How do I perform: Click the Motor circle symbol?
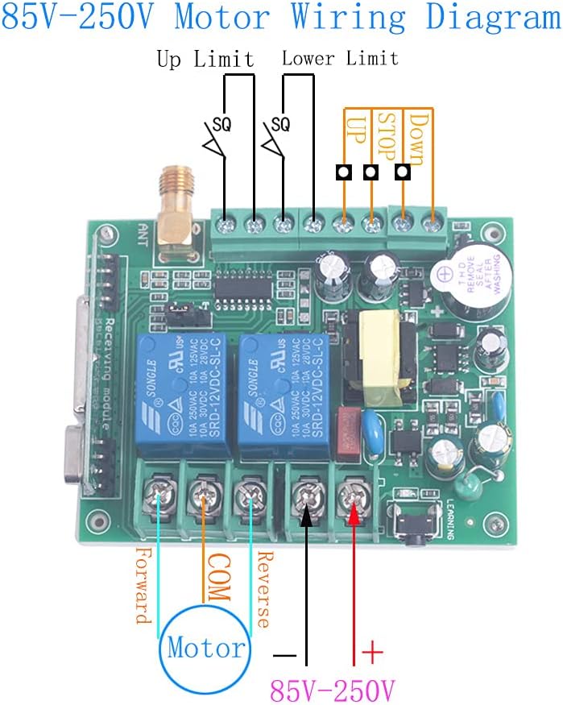point(205,647)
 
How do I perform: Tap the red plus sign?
point(371,650)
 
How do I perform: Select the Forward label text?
point(143,586)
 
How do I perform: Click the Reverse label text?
point(263,588)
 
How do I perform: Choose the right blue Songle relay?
point(283,387)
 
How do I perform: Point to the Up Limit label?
point(205,60)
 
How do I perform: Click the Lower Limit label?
point(339,59)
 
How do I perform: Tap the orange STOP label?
point(387,135)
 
